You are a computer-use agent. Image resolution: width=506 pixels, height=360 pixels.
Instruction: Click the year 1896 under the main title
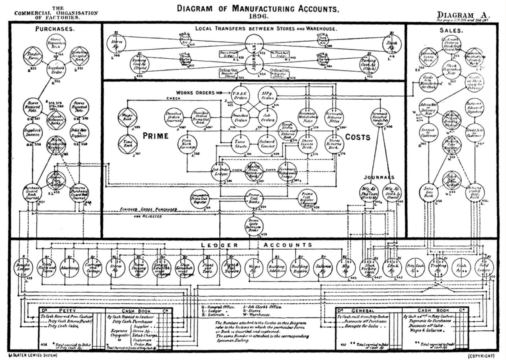point(258,16)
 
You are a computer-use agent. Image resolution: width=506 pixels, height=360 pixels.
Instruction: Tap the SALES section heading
point(450,30)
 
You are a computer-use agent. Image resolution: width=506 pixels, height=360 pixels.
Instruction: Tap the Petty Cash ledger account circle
point(415,268)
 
